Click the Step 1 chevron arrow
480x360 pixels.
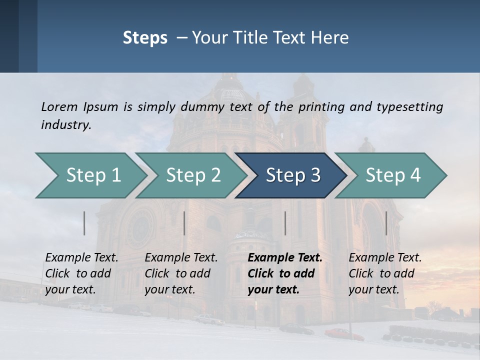pyautogui.click(x=90, y=175)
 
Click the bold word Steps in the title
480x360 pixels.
pyautogui.click(x=145, y=37)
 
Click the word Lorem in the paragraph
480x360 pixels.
pyautogui.click(x=59, y=106)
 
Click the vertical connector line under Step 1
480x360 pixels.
pyautogui.click(x=84, y=223)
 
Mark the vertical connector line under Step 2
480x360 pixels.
pyautogui.click(x=184, y=223)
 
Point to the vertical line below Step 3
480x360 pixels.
pyautogui.click(x=285, y=223)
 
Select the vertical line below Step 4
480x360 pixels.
pyautogui.click(x=386, y=223)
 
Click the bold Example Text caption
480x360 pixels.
pyautogui.click(x=285, y=258)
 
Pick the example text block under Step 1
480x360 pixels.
pyautogui.click(x=81, y=273)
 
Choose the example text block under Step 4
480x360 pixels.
pyautogui.click(x=385, y=273)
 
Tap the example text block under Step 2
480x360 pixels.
pyautogui.click(x=181, y=273)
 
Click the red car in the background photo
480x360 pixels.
pyautogui.click(x=344, y=333)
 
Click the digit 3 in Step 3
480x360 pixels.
pyautogui.click(x=315, y=175)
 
